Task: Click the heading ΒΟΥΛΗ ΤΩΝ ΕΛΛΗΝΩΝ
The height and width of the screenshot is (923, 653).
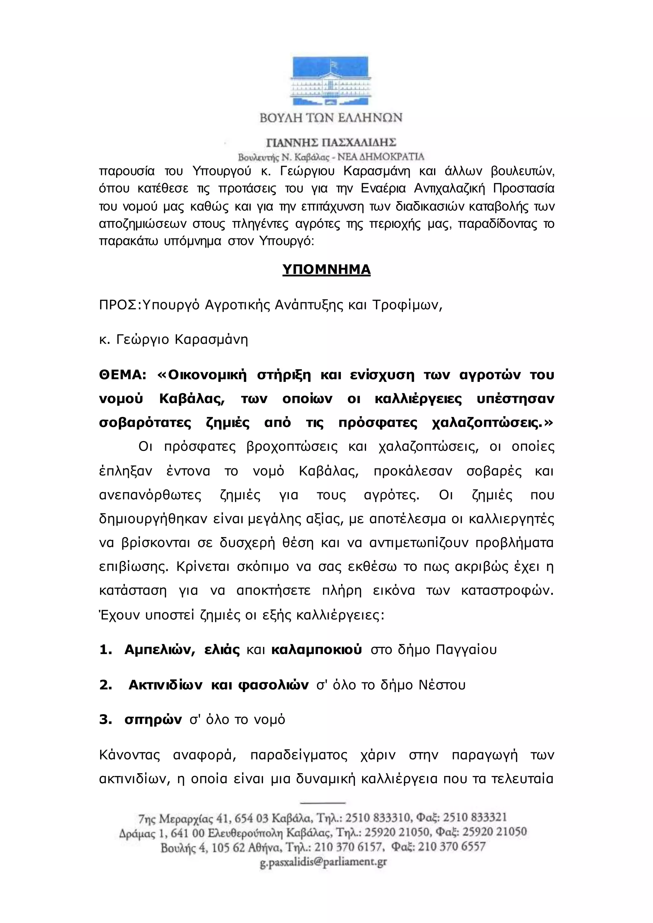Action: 331,118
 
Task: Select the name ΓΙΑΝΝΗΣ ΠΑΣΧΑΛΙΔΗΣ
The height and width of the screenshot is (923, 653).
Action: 331,142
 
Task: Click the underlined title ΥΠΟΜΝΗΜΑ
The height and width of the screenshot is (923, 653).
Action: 326,269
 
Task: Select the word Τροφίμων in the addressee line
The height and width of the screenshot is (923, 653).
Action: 407,306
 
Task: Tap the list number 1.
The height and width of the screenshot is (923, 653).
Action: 105,650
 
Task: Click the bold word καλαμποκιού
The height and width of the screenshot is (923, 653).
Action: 316,650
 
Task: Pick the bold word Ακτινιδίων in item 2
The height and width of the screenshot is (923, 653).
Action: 165,685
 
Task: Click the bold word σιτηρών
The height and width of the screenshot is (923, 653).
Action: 153,720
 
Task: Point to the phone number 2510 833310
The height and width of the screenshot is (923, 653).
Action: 376,818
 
